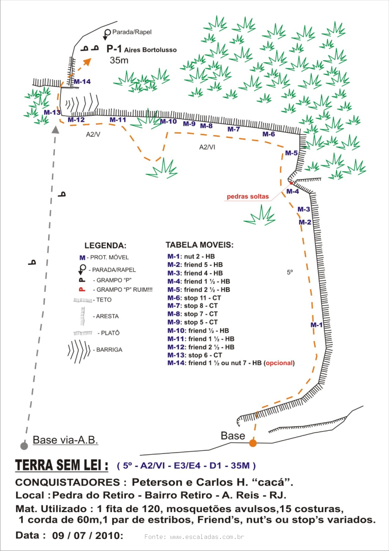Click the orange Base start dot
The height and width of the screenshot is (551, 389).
(x=253, y=443)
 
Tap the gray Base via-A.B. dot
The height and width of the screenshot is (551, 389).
(x=24, y=446)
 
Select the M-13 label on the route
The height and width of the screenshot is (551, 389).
(x=52, y=112)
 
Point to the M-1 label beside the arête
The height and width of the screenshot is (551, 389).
(x=316, y=325)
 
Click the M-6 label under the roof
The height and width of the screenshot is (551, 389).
(x=269, y=134)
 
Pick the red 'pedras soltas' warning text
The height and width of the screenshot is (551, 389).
(x=247, y=196)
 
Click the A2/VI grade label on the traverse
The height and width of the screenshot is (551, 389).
(x=207, y=147)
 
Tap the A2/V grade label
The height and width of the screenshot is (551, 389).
(x=94, y=134)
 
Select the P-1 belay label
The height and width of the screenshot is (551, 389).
(x=114, y=49)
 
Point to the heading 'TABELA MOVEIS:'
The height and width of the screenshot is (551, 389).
(x=200, y=244)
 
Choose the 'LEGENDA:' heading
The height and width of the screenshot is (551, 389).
(x=105, y=245)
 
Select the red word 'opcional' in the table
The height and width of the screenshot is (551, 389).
(x=279, y=363)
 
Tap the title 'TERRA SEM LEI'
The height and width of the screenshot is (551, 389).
(x=62, y=465)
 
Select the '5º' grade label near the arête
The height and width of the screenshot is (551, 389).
(x=290, y=273)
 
